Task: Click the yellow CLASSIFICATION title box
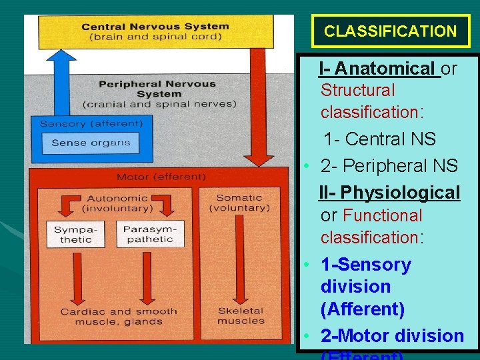click(x=390, y=31)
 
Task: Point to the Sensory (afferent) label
click(x=91, y=123)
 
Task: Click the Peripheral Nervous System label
click(x=158, y=94)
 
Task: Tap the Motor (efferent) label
click(x=161, y=177)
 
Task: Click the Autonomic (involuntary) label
click(x=117, y=203)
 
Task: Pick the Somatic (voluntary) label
click(x=239, y=203)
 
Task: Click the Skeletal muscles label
click(x=240, y=315)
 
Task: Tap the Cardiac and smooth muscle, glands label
click(x=119, y=316)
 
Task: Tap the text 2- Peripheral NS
click(x=389, y=165)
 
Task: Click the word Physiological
click(x=399, y=193)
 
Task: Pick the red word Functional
click(x=382, y=215)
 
